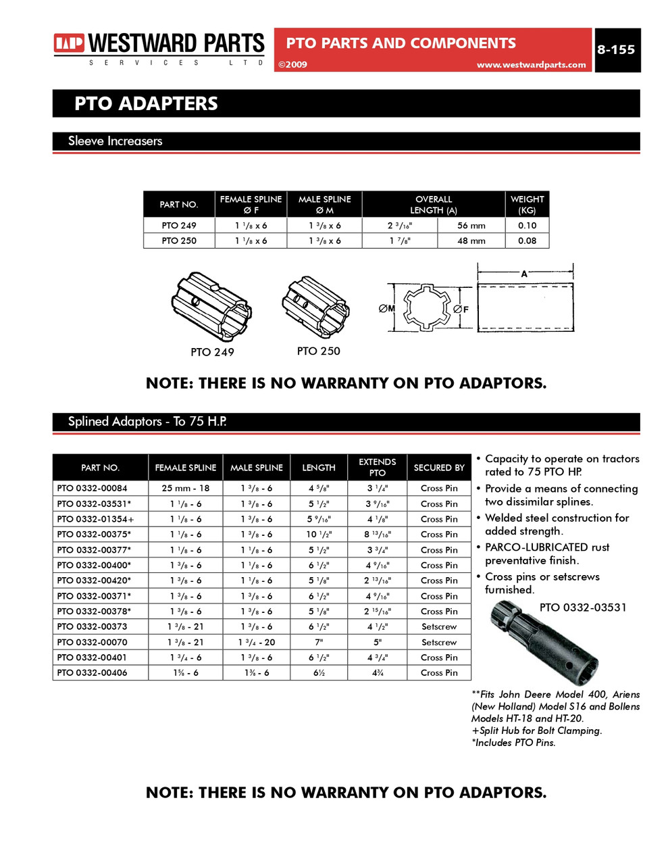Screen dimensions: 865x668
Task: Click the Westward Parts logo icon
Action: coord(69,44)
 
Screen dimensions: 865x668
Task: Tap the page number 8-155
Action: coord(615,50)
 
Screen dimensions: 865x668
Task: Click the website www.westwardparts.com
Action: coord(531,65)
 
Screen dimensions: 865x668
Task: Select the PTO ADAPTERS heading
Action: coord(146,104)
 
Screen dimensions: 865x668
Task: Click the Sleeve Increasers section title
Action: coord(115,141)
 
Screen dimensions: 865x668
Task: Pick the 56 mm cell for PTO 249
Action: coord(471,226)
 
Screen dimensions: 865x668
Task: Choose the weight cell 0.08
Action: coord(527,241)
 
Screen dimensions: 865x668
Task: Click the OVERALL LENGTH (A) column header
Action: coord(433,205)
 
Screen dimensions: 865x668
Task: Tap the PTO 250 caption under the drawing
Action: coord(318,351)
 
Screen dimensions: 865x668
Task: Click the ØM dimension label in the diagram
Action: coord(386,309)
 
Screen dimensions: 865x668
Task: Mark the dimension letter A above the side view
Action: coord(524,274)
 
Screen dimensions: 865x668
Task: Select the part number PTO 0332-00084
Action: coord(92,488)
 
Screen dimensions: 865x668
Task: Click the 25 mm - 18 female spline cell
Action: coord(185,488)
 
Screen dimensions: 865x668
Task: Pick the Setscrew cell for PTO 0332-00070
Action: coord(438,642)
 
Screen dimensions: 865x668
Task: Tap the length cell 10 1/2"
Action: coord(318,535)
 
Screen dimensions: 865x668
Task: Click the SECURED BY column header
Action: coord(438,468)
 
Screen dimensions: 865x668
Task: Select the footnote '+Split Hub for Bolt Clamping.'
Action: coord(536,731)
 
